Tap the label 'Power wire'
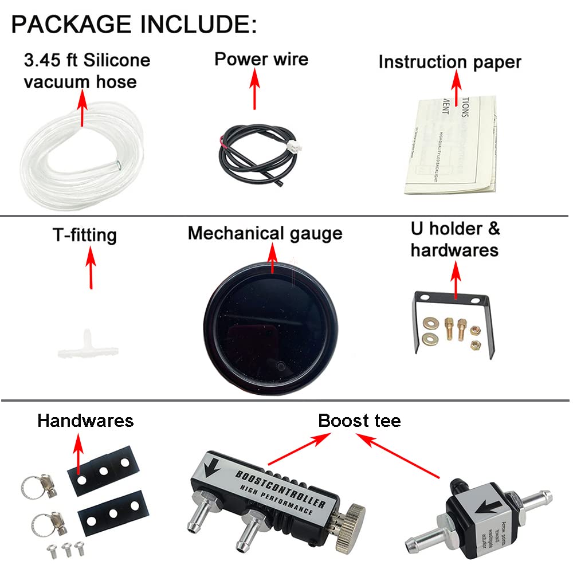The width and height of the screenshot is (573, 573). click(261, 59)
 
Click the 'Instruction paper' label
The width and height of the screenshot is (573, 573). click(450, 62)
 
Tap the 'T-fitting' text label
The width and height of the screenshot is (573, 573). click(85, 235)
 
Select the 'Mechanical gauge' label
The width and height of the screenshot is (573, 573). click(265, 233)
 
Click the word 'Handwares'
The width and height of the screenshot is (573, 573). click(85, 421)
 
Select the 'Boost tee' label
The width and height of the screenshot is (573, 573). click(359, 421)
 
